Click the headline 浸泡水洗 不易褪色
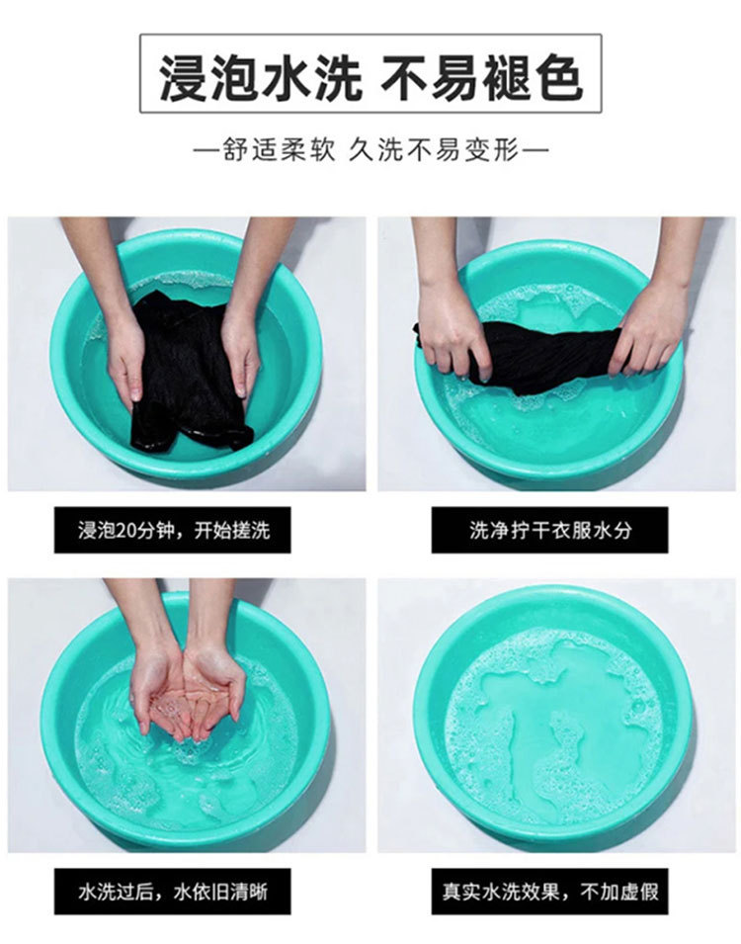pos(370,74)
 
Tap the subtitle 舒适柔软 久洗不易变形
pos(370,150)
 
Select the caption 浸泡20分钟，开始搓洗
pos(174,531)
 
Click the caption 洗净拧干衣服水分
pos(550,530)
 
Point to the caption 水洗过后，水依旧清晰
pos(173,892)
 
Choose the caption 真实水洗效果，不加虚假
pos(550,891)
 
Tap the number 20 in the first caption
pos(127,531)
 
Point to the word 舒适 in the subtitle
pos(250,150)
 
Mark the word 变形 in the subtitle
pos(491,150)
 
